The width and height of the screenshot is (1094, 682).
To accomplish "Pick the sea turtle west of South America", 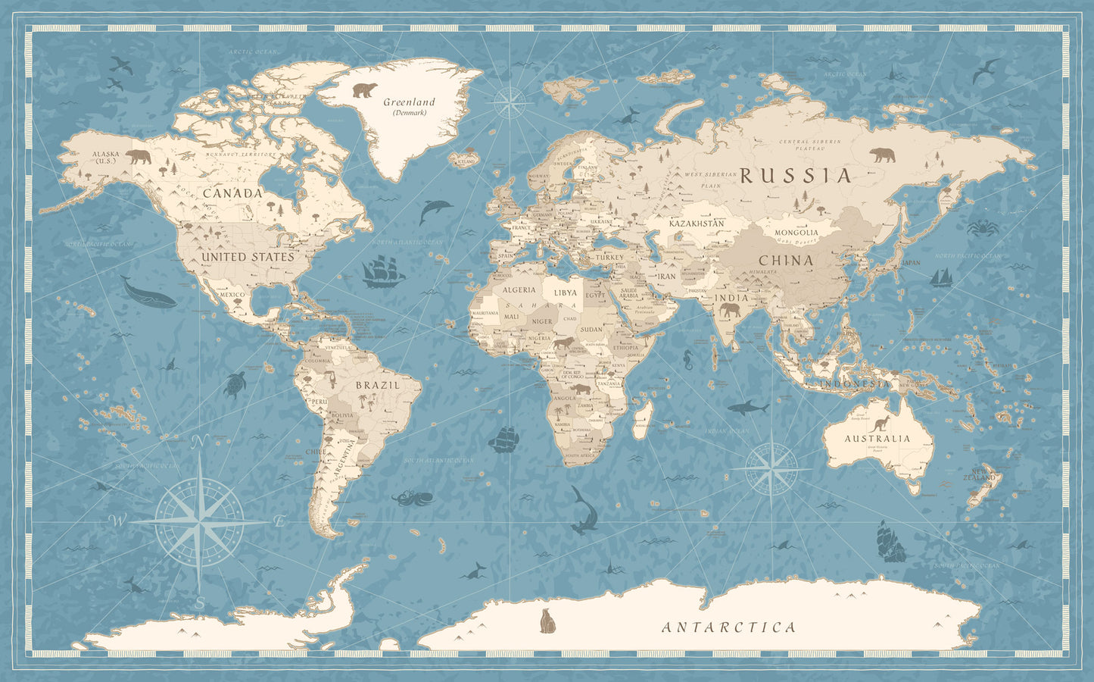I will point(235,384).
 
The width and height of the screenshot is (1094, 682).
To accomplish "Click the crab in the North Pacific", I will point(983,227).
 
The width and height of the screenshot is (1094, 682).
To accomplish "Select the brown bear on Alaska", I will point(138,157).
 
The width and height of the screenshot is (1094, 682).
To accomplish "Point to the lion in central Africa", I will point(563,345).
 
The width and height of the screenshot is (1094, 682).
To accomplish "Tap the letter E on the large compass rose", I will point(279,521).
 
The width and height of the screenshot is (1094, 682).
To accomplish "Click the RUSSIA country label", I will point(796,176).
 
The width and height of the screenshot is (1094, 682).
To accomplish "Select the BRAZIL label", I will point(377,385).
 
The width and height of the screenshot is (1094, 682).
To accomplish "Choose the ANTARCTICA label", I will point(728,627).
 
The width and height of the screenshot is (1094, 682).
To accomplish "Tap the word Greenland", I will point(409,102).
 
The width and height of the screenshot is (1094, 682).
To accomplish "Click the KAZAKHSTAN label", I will point(697,224).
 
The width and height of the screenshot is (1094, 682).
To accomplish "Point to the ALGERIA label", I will point(519,290).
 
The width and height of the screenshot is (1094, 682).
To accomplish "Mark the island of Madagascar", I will point(644,419).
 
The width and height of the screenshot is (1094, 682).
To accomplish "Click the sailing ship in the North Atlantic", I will point(383,272).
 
